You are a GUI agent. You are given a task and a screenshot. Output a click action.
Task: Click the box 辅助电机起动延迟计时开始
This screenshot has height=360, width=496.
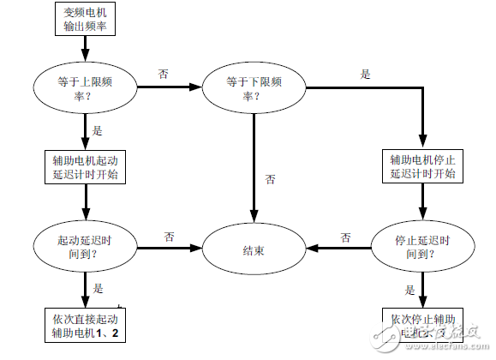click(85, 167)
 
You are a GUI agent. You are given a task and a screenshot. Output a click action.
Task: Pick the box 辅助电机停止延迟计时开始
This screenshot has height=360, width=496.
click(422, 167)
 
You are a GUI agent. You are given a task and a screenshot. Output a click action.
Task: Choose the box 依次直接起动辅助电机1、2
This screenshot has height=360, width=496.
click(85, 327)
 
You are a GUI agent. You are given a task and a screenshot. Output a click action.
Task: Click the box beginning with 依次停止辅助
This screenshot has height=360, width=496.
click(422, 327)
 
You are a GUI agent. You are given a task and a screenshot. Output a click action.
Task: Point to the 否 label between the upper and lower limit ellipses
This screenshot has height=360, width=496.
click(164, 75)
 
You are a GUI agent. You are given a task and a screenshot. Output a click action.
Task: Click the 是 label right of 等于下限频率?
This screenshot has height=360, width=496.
click(365, 75)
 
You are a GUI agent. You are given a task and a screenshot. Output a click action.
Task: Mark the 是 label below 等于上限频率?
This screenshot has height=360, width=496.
click(97, 131)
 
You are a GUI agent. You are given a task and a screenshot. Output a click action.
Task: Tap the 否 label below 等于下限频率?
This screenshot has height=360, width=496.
click(270, 180)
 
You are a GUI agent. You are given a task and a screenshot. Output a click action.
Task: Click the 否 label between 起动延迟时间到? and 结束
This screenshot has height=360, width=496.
click(170, 237)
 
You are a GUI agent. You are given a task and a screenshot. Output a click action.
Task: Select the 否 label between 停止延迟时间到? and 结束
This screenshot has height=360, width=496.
click(345, 237)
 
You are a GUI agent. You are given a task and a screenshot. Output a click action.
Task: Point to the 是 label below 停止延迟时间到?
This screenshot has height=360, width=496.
click(409, 290)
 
